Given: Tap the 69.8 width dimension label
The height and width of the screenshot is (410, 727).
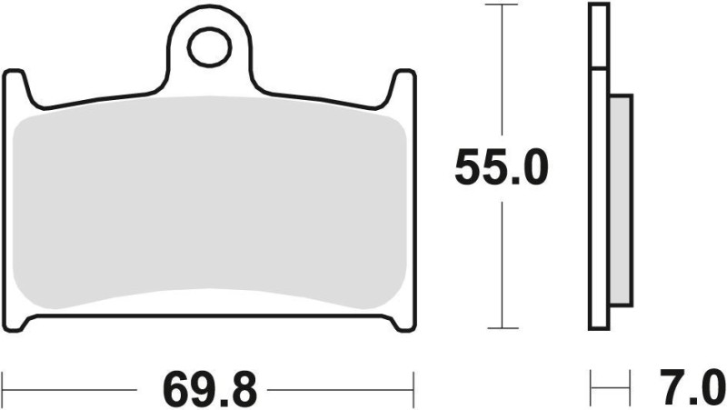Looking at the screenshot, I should click(210, 389).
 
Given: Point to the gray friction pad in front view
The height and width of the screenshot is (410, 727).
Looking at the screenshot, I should click(209, 200).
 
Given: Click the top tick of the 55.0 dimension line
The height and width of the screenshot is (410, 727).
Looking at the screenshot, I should click(503, 5).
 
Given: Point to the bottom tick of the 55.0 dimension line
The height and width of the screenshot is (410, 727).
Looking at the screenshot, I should click(503, 328).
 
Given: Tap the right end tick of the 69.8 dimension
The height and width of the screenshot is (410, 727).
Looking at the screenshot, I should click(415, 383).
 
